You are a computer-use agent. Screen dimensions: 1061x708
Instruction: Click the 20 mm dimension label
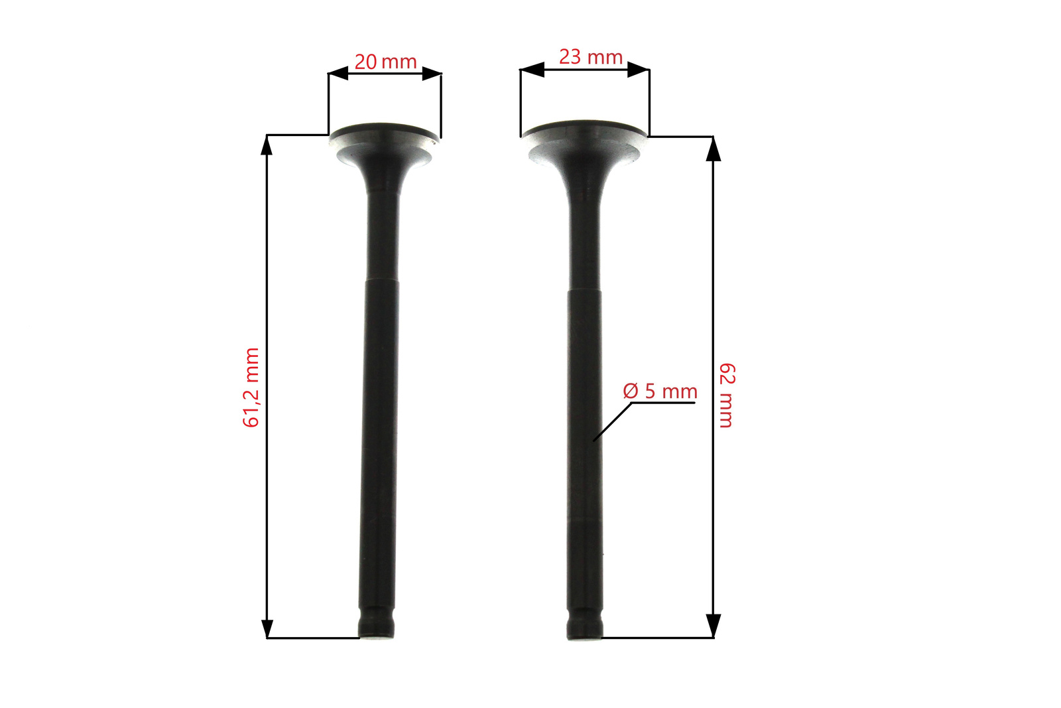pos(385,62)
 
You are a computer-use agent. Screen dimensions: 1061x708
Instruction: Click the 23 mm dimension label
pos(591,57)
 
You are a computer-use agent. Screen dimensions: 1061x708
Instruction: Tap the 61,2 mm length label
pos(251,388)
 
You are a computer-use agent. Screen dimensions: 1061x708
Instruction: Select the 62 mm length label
pos(727,395)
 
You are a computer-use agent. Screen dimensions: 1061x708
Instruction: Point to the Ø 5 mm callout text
pos(660,391)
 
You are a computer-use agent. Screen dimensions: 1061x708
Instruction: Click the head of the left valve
pos(384,144)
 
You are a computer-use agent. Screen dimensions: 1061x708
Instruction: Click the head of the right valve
pos(584,142)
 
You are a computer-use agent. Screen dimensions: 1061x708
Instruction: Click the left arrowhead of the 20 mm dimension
pos(338,74)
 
